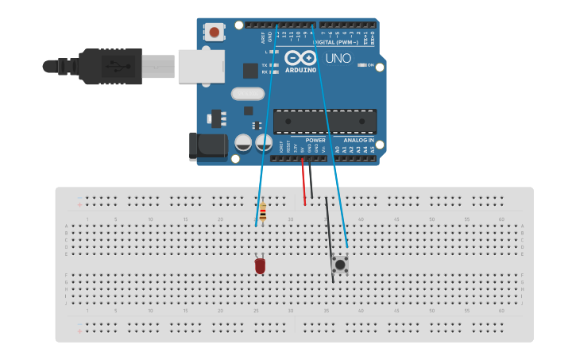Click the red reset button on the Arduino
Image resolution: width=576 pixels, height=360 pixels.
click(x=214, y=32)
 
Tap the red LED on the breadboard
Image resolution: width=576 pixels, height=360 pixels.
click(x=260, y=265)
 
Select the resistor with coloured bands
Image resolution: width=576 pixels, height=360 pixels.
click(x=263, y=212)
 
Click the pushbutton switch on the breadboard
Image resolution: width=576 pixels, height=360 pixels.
click(x=340, y=264)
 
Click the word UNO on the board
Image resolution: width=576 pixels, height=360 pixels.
click(x=338, y=58)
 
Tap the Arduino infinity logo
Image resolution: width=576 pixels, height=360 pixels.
click(x=300, y=58)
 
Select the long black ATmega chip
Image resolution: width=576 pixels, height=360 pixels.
click(x=325, y=122)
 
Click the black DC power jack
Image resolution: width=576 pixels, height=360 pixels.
click(x=206, y=146)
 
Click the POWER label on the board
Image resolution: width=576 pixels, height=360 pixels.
click(x=315, y=140)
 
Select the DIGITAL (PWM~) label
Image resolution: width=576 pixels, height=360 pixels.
click(x=337, y=42)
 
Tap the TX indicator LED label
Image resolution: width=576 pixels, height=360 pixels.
click(x=265, y=65)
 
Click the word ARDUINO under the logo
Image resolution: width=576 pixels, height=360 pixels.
click(x=300, y=70)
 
